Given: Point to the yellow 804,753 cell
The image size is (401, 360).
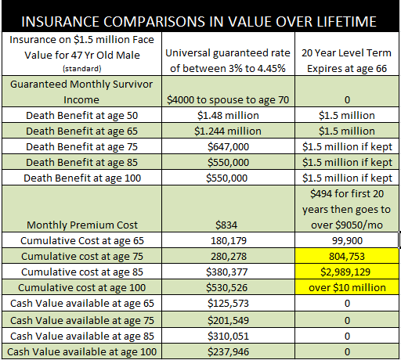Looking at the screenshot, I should (347, 257).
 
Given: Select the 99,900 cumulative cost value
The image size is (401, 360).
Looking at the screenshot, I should (347, 240).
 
